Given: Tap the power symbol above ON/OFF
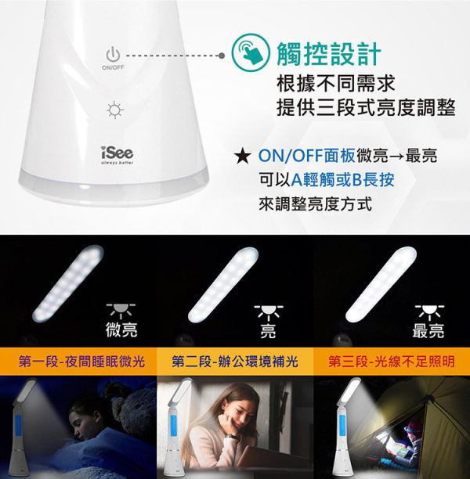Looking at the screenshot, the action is pyautogui.click(x=113, y=54).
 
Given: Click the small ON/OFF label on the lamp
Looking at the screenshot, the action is pyautogui.click(x=113, y=67).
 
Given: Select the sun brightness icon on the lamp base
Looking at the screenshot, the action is pyautogui.click(x=115, y=110).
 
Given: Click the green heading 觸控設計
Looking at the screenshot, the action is pyautogui.click(x=329, y=53).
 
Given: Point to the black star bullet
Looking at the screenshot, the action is pyautogui.click(x=243, y=157).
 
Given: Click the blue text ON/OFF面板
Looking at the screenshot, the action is pyautogui.click(x=307, y=156).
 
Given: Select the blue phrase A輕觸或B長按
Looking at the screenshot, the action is pyautogui.click(x=342, y=180).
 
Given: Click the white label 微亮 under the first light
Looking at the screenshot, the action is pyautogui.click(x=121, y=330).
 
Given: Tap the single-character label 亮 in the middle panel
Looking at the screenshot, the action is pyautogui.click(x=268, y=331).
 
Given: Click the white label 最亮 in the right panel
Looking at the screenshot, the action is pyautogui.click(x=428, y=330).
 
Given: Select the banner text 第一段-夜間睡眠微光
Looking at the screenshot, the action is pyautogui.click(x=81, y=362).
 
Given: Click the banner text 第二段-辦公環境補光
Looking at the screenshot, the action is pyautogui.click(x=235, y=362).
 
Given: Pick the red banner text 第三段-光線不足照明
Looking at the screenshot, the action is pyautogui.click(x=392, y=362).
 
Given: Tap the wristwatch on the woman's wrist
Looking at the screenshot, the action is pyautogui.click(x=233, y=438).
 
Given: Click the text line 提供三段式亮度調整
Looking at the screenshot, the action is pyautogui.click(x=366, y=107).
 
